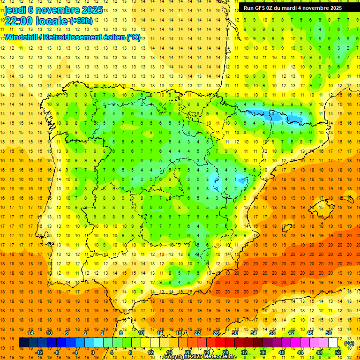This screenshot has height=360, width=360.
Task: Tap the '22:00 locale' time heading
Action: (36, 21)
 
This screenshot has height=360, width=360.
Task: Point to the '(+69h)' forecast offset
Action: (81, 21)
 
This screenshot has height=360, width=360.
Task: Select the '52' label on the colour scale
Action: (338, 352)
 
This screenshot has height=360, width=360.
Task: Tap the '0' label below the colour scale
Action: (93, 352)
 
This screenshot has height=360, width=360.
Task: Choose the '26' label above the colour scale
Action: (216, 333)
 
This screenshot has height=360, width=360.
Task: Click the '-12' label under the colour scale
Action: (39, 352)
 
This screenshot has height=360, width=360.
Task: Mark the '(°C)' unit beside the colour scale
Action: (349, 343)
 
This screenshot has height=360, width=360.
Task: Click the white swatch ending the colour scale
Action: (333, 343)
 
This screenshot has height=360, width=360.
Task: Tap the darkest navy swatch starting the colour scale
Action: (23, 343)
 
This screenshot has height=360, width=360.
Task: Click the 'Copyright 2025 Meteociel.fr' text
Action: (200, 357)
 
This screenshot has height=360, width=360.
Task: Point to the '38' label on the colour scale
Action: (272, 333)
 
